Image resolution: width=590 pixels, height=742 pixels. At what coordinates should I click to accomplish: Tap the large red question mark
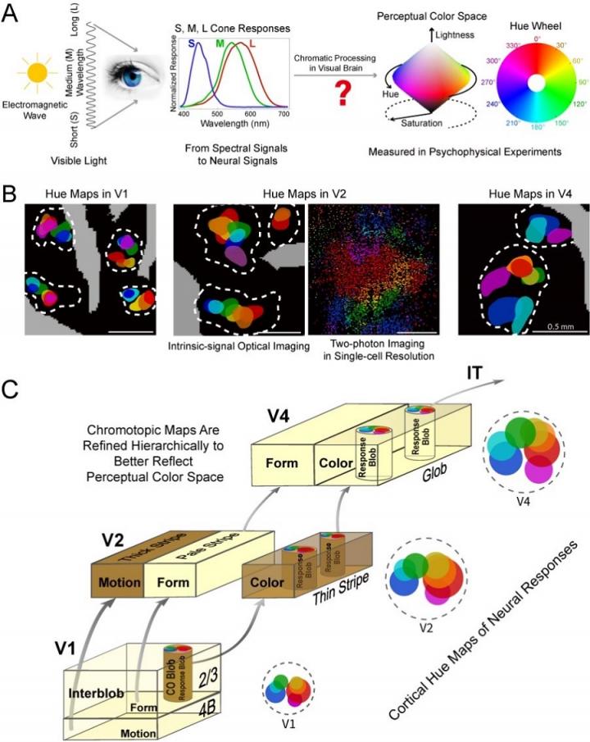coord(334,108)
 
